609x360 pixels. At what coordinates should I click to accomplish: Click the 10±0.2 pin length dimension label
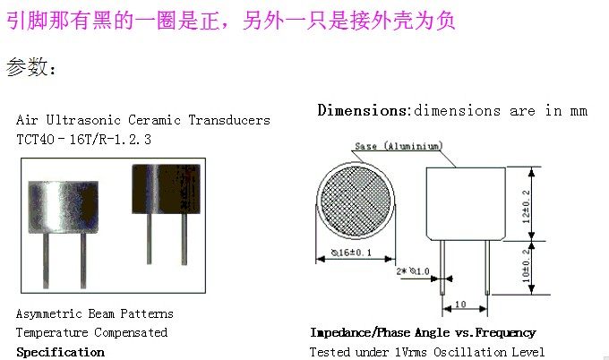pyautogui.click(x=528, y=265)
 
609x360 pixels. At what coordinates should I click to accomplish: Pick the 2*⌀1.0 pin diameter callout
pyautogui.click(x=414, y=270)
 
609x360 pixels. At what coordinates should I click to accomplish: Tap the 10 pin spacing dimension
pyautogui.click(x=460, y=304)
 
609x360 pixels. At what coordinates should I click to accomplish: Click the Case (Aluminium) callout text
pyautogui.click(x=398, y=145)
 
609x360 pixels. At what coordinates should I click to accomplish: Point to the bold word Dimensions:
pyautogui.click(x=364, y=111)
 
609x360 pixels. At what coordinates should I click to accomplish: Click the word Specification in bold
pyautogui.click(x=60, y=352)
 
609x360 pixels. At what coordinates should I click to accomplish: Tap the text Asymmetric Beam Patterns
pyautogui.click(x=95, y=314)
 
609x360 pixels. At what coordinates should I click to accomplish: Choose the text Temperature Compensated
pyautogui.click(x=91, y=333)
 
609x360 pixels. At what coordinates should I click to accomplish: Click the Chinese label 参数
pyautogui.click(x=27, y=68)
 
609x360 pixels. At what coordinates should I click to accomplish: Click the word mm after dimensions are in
pyautogui.click(x=579, y=111)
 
